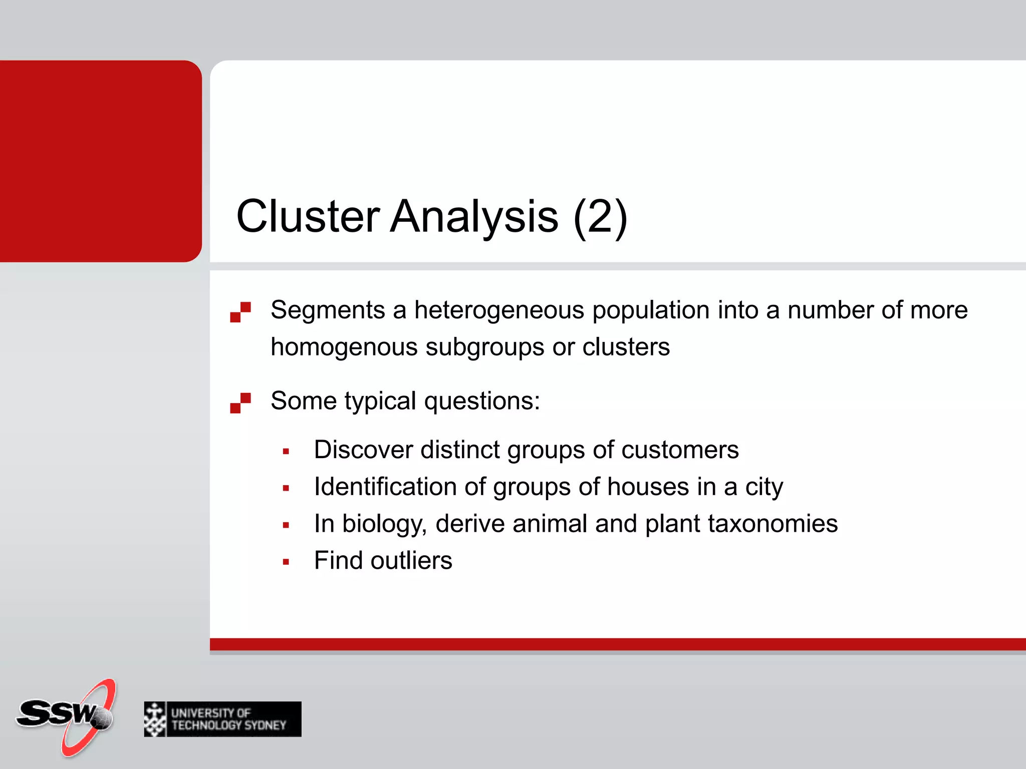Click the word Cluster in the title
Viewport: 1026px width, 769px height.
tap(308, 216)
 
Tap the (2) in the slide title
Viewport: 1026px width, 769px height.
tap(600, 216)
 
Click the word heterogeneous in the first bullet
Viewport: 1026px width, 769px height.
tap(499, 310)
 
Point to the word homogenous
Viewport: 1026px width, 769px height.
tap(344, 347)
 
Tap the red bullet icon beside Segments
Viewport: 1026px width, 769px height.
tap(240, 312)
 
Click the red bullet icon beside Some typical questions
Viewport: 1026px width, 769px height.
tap(240, 403)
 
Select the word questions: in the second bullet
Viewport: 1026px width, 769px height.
tap(482, 401)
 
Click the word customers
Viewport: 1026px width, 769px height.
tap(680, 450)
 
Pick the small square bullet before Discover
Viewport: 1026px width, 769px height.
tap(286, 452)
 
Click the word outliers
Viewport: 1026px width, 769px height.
tap(411, 560)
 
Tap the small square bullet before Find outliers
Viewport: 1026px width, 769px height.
tap(286, 562)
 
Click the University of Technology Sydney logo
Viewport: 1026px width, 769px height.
tap(222, 719)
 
